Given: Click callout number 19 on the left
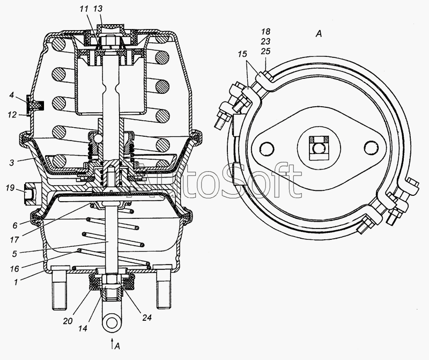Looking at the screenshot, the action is (10, 188).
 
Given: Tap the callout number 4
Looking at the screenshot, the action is (11, 95).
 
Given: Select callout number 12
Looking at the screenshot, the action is (12, 115).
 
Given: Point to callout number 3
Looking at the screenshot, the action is (11, 163).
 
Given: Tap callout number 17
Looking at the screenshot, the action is (14, 240).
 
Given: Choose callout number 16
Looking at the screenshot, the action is (14, 269).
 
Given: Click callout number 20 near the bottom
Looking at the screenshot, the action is (68, 321).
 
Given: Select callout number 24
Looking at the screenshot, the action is (146, 318).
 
